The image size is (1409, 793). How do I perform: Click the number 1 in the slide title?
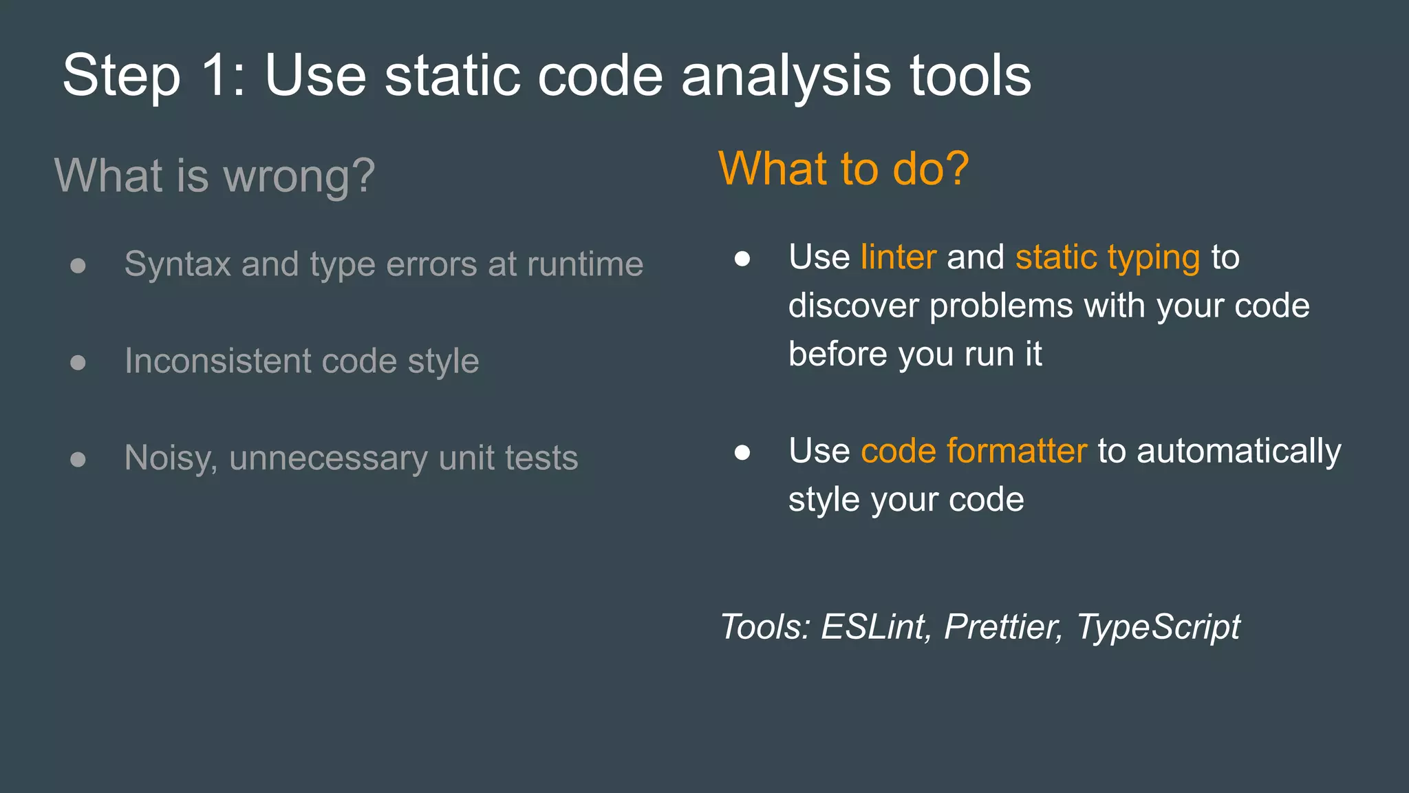[217, 76]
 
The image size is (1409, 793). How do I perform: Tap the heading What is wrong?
[215, 176]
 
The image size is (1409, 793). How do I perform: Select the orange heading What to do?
[843, 169]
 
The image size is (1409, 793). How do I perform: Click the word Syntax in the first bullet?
[177, 264]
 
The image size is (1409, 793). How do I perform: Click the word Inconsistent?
[217, 361]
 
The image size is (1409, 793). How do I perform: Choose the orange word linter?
[898, 257]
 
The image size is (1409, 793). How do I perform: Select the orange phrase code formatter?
[974, 452]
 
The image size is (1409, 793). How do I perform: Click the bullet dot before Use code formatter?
[742, 452]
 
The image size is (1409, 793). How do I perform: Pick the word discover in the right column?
[853, 306]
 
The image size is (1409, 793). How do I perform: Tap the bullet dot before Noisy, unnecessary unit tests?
[78, 459]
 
